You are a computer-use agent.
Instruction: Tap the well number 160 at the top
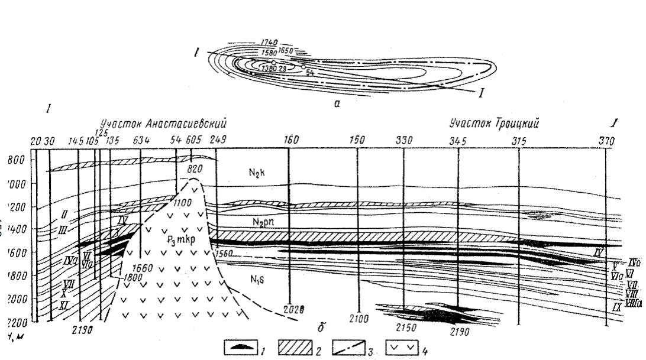(x=291, y=141)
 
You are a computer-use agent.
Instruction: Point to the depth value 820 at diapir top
(x=194, y=168)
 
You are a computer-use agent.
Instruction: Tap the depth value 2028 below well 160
(x=293, y=309)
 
